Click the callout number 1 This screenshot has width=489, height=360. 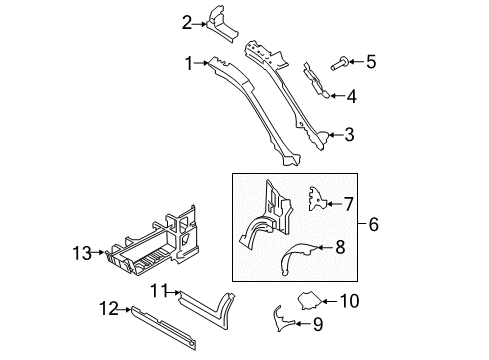click(187, 62)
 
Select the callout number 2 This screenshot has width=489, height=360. click(187, 22)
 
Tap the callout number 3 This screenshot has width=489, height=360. click(349, 134)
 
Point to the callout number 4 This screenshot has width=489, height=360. click(350, 97)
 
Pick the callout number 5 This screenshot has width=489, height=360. click(370, 62)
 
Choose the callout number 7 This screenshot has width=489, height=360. click(348, 204)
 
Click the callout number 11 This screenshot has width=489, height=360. click(157, 290)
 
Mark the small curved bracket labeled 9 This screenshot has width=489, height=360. click(285, 319)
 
